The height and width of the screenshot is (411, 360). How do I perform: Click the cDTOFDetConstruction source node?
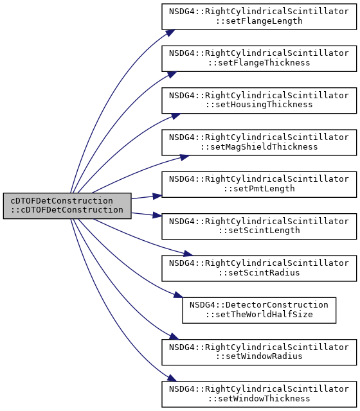(x=67, y=205)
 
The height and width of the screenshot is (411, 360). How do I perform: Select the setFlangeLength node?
(x=259, y=17)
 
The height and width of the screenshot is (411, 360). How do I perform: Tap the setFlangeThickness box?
(x=259, y=58)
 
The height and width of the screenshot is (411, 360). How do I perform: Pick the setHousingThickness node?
(x=259, y=100)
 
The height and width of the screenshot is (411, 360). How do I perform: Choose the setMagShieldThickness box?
(x=259, y=143)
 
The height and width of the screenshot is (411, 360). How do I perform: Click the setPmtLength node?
(x=259, y=184)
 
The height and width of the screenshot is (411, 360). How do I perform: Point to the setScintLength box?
(x=259, y=226)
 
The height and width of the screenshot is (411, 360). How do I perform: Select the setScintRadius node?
(x=259, y=268)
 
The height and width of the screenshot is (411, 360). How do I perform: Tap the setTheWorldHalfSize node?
(x=259, y=310)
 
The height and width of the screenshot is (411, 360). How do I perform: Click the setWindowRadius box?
(x=259, y=352)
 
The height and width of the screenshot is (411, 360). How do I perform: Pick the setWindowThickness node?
(x=259, y=394)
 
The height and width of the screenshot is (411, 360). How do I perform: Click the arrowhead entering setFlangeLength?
(x=170, y=33)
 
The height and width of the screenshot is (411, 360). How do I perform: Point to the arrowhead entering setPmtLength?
(x=157, y=196)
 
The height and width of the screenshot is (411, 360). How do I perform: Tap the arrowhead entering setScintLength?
(x=157, y=215)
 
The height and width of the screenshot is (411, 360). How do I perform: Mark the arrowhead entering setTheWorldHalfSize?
(x=179, y=295)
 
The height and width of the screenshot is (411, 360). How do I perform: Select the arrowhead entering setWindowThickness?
(x=172, y=378)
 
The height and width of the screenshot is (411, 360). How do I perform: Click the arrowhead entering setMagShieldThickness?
(x=184, y=157)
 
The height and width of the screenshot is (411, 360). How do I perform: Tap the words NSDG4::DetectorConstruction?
(x=258, y=305)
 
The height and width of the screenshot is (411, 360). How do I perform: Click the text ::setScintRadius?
(x=259, y=273)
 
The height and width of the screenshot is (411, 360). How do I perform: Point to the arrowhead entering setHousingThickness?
(x=175, y=116)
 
